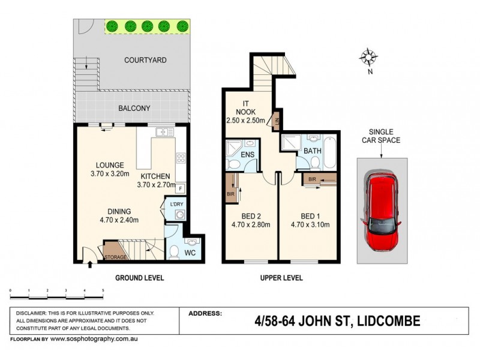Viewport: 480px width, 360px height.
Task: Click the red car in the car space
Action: pyautogui.click(x=382, y=211)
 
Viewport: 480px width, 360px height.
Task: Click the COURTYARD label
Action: pyautogui.click(x=145, y=60)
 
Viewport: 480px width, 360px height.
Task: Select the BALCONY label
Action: pyautogui.click(x=134, y=108)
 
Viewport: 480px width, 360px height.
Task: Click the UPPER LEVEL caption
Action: pyautogui.click(x=281, y=278)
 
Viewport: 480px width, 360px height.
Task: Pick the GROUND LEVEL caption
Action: pyautogui.click(x=139, y=278)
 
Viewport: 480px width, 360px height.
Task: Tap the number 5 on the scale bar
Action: pyautogui.click(x=103, y=290)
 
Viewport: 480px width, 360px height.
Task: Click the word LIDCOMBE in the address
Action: pyautogui.click(x=388, y=321)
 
